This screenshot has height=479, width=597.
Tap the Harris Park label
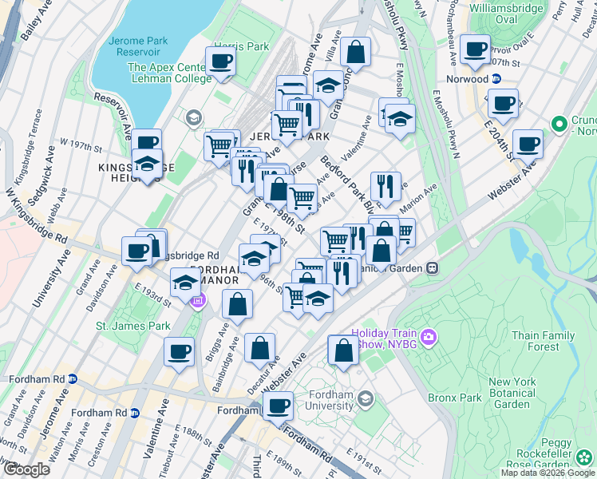[x=242, y=46]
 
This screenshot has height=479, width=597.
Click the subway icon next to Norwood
[x=496, y=79]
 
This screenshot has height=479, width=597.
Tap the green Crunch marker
[x=559, y=125]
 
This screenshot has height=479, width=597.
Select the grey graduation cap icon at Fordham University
[x=365, y=398]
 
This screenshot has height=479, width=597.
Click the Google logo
[x=26, y=469]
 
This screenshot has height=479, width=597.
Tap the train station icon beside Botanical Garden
[x=431, y=268]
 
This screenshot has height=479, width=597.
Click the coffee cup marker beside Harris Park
[x=220, y=62]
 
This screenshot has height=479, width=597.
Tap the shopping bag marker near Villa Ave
[x=355, y=53]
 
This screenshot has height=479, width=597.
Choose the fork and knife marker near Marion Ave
[x=385, y=188]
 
